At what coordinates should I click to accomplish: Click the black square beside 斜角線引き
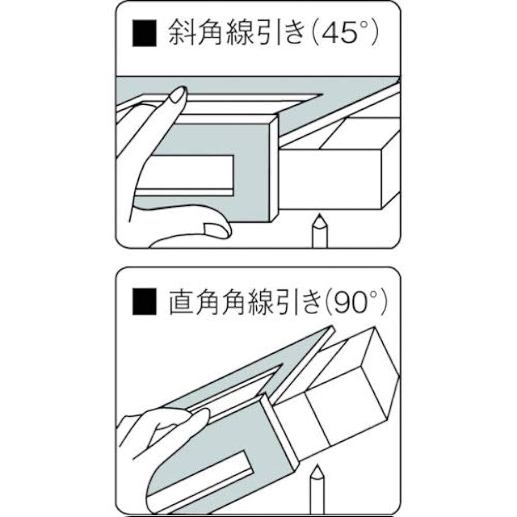145,34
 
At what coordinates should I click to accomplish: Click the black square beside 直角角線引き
145,302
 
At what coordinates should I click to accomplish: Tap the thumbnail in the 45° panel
217,230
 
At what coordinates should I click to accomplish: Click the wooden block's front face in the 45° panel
332,179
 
